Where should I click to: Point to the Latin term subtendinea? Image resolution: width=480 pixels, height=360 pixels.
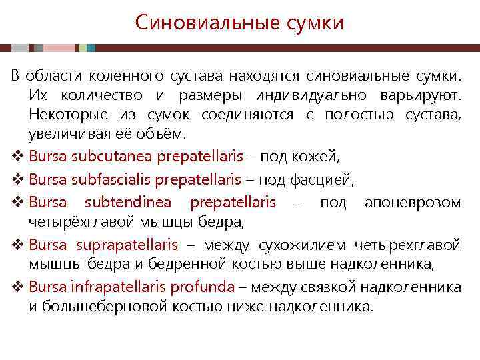127,203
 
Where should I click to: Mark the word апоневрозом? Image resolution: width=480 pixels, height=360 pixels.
413,203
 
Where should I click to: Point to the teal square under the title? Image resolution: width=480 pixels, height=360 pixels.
91,49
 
